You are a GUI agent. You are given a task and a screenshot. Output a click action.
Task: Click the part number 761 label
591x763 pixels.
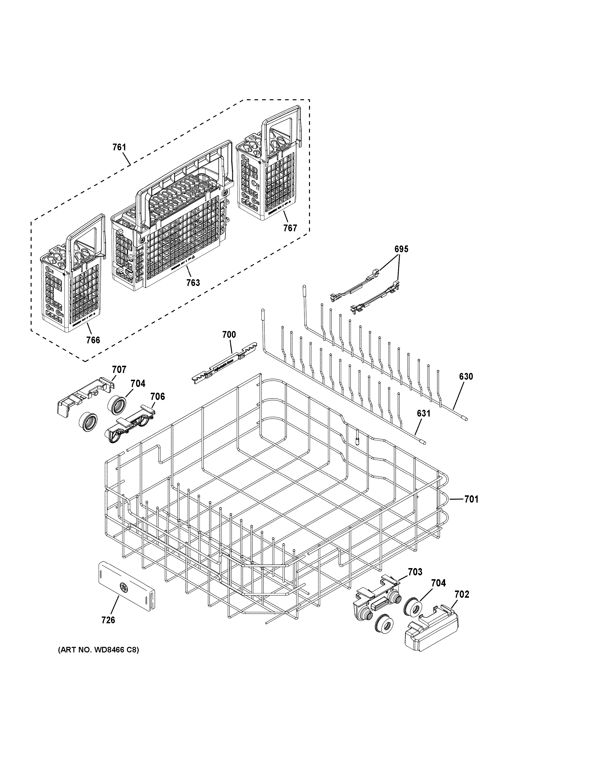119,147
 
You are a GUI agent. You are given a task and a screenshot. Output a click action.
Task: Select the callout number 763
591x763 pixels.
193,282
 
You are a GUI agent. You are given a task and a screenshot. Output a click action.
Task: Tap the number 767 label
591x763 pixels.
290,228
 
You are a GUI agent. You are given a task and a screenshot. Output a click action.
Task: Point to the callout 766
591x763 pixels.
93,340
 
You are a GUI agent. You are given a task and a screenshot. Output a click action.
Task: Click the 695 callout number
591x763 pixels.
401,249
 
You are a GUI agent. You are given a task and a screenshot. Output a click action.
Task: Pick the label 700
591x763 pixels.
229,335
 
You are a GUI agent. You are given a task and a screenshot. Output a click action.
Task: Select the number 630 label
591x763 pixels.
466,377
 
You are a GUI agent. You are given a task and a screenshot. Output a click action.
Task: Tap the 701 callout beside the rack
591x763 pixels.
471,499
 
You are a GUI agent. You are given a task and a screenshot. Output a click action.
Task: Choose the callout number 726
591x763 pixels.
108,620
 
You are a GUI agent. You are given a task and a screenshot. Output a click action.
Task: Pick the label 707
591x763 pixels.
119,370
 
